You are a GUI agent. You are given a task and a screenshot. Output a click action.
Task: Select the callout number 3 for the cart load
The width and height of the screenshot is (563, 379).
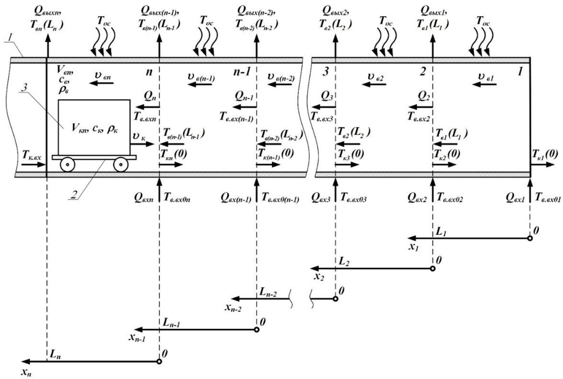click(24, 88)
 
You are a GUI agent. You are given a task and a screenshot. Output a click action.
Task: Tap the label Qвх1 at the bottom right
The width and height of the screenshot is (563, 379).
click(515, 199)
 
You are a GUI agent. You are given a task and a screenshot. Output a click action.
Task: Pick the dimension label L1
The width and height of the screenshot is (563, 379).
click(440, 231)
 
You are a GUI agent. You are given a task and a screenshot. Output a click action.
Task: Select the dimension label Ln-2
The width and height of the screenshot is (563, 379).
click(268, 292)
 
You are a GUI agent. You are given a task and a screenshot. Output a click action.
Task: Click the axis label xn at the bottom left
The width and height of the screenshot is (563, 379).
click(26, 373)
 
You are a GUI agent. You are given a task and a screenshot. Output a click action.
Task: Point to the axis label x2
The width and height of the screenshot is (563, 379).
click(319, 277)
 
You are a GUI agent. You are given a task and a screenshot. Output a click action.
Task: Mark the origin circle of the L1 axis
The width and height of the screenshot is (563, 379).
click(530, 238)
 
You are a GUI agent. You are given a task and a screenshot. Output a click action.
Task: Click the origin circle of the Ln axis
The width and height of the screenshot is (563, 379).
click(159, 361)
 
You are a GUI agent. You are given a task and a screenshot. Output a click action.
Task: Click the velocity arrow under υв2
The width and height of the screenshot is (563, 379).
click(375, 84)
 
